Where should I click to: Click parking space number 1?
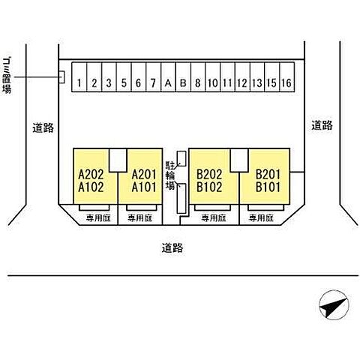pyautogui.click(x=79, y=77)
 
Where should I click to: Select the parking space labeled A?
pyautogui.click(x=168, y=77)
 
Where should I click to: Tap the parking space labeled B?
pyautogui.click(x=183, y=77)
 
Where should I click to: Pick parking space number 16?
pyautogui.click(x=286, y=77)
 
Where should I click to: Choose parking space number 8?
pyautogui.click(x=198, y=77)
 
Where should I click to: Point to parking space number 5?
pyautogui.click(x=124, y=77)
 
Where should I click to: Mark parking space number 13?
pyautogui.click(x=257, y=77)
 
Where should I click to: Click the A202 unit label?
pyautogui.click(x=91, y=175)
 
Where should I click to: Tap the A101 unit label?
pyautogui.click(x=144, y=187)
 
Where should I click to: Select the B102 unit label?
pyautogui.click(x=209, y=187)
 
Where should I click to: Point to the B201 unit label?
pyautogui.click(x=268, y=175)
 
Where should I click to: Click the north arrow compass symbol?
pyautogui.click(x=334, y=305)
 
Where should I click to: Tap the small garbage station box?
pyautogui.click(x=61, y=77)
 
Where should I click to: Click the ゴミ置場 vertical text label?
pyautogui.click(x=7, y=76)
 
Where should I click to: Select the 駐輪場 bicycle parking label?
pyautogui.click(x=171, y=175)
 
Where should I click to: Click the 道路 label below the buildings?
pyautogui.click(x=172, y=248)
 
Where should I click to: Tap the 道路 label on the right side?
pyautogui.click(x=322, y=125)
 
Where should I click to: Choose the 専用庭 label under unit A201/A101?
pyautogui.click(x=140, y=218)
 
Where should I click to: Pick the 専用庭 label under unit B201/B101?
pyautogui.click(x=261, y=218)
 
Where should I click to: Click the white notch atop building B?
pyautogui.click(x=239, y=160)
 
